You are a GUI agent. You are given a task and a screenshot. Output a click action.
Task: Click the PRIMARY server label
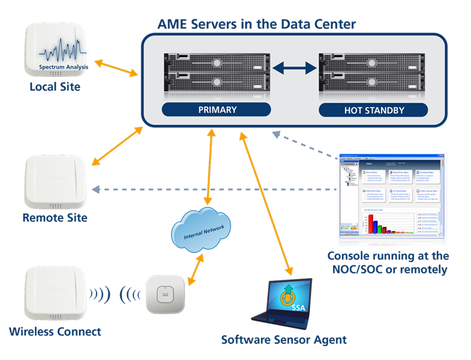tap(217, 110)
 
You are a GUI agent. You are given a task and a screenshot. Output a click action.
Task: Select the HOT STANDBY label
tap(373, 110)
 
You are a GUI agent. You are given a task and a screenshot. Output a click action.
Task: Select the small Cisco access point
tap(164, 294)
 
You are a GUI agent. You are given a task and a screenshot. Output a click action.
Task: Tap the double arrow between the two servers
tap(295, 68)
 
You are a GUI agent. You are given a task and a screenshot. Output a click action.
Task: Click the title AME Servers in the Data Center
tap(256, 25)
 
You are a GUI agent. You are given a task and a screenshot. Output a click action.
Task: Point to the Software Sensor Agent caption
tap(284, 340)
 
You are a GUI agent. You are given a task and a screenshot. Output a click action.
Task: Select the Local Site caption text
tap(55, 87)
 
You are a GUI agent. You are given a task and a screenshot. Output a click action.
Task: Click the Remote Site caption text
tap(55, 217)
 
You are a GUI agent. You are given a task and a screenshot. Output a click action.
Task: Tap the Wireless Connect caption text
tap(55, 331)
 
